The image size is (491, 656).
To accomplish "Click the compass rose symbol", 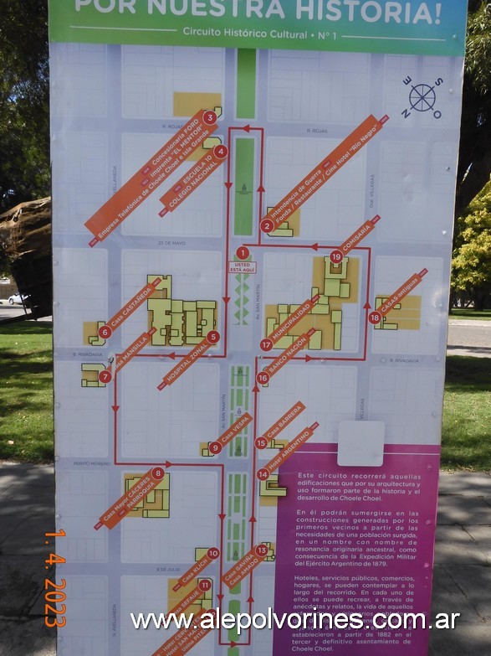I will [x=422, y=98].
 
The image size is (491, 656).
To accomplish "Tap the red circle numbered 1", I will [x=243, y=252].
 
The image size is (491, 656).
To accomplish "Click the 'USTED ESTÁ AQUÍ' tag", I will [x=242, y=267].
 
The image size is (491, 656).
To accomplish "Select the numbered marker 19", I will [x=336, y=256].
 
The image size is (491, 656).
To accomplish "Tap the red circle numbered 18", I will [x=375, y=318].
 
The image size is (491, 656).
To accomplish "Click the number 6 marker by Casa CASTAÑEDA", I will [x=105, y=332].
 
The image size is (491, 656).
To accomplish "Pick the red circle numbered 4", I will [x=221, y=152].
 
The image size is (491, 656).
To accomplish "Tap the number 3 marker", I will [x=209, y=117].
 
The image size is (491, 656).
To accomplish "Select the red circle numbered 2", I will [x=267, y=225].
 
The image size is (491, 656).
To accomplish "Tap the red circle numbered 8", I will [x=158, y=473].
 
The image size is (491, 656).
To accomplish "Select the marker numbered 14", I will [x=263, y=474].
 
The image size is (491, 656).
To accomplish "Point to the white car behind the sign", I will [x=16, y=297].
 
